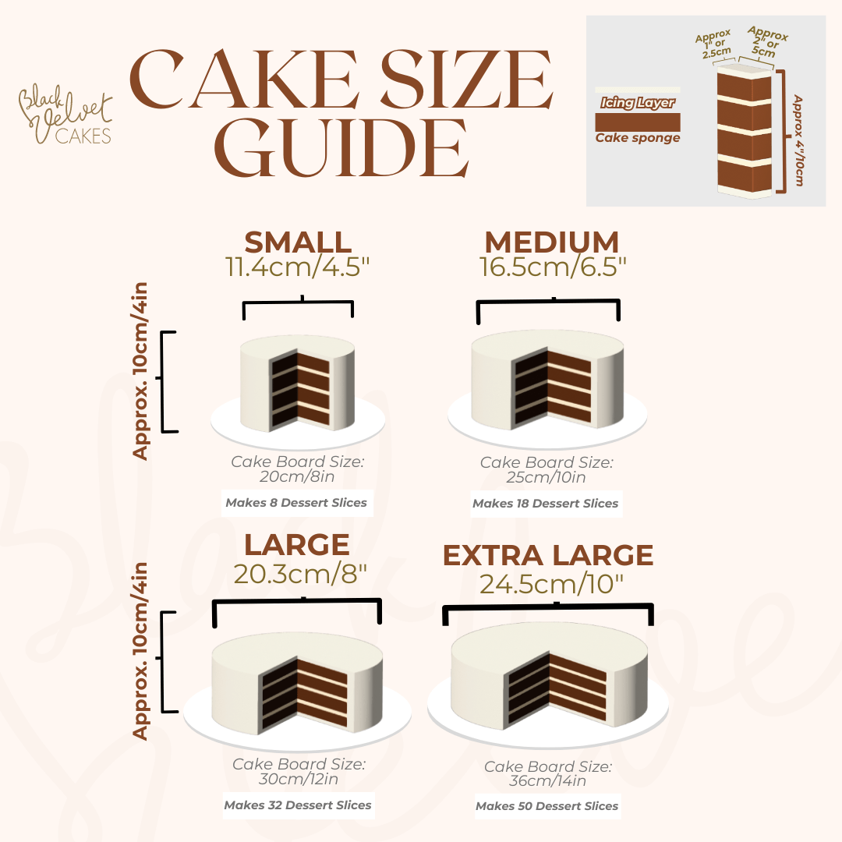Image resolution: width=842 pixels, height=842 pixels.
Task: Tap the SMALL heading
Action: coord(298,242)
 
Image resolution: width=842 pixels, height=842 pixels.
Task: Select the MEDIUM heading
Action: coord(551,242)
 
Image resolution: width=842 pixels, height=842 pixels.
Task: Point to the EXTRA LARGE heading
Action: coord(548,555)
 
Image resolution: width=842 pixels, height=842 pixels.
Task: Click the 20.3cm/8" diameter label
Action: coord(300,574)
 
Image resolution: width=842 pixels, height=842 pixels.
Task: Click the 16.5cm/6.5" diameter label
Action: coord(553,267)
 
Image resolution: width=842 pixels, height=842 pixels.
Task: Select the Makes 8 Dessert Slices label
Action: coord(296,503)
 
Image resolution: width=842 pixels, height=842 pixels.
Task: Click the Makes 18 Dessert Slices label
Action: coord(545,504)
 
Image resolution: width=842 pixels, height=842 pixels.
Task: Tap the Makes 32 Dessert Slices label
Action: coord(298,805)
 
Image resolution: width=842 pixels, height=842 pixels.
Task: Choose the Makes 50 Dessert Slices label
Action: coord(547,806)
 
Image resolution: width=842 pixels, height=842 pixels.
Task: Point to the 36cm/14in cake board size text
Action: coord(547,781)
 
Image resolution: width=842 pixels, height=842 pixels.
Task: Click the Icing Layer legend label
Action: coord(637,103)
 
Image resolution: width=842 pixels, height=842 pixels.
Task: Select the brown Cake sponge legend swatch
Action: coord(637,122)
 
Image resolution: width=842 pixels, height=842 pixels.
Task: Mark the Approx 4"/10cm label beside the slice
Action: coord(798,140)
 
